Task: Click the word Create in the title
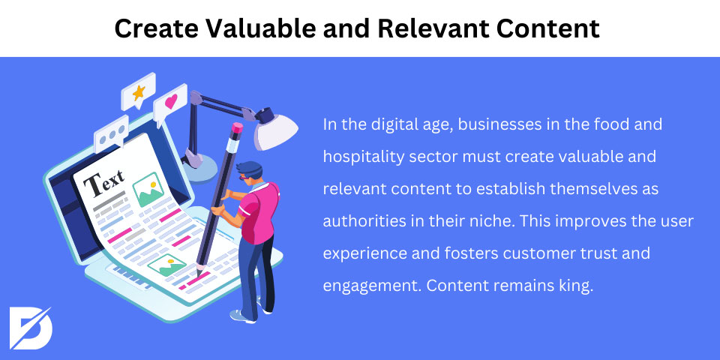coord(156,28)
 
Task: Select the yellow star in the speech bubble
coord(139,93)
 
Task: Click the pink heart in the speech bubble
coord(171,101)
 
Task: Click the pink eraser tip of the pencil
coord(237,128)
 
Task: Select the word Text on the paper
coord(104,181)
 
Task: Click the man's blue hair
coord(250,169)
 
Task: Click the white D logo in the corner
coord(30,328)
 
